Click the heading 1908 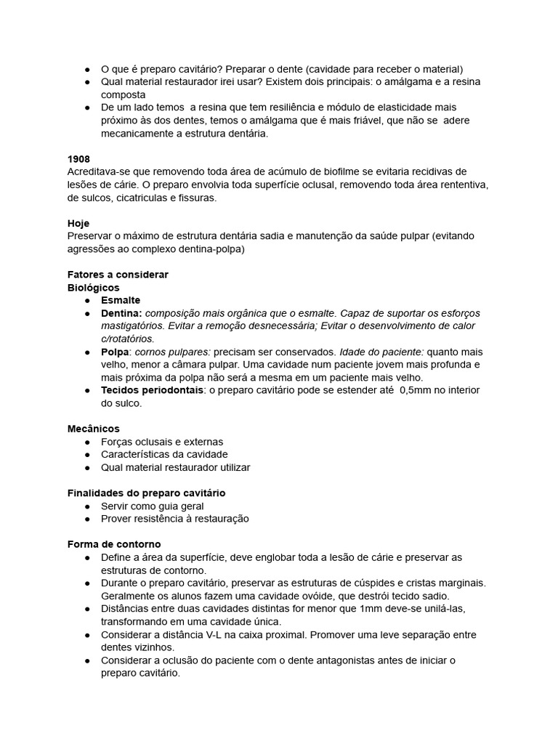(x=78, y=158)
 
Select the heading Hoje (x=78, y=224)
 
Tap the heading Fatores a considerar (x=118, y=275)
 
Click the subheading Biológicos (x=93, y=288)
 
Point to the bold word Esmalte (x=121, y=300)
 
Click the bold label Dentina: (x=121, y=313)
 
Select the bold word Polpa (x=116, y=352)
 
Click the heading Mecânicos (x=93, y=429)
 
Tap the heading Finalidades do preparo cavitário (x=146, y=493)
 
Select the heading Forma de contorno (x=114, y=544)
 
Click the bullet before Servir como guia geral (x=87, y=506)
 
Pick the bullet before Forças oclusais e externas (x=87, y=442)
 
